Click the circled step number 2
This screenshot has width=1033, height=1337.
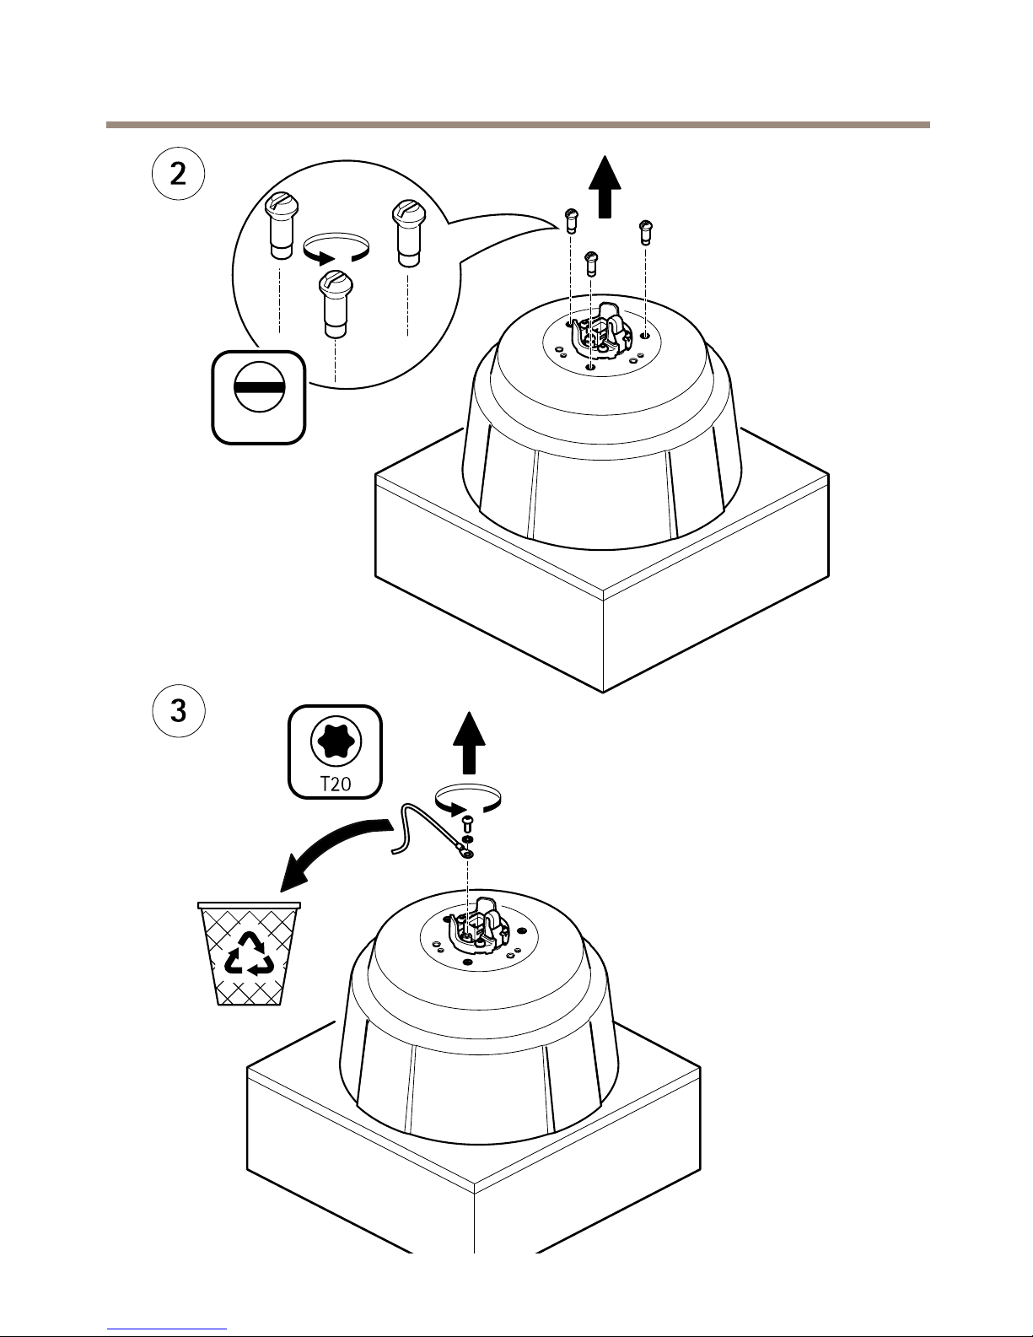click(x=179, y=175)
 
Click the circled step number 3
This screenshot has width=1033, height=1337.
click(x=179, y=710)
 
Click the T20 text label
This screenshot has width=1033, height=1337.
click(x=336, y=783)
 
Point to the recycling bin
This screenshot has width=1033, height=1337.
click(x=249, y=953)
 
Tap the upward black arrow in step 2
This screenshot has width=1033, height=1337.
click(x=604, y=187)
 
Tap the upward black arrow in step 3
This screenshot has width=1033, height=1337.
click(x=470, y=743)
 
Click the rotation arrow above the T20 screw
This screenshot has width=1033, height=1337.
click(x=468, y=798)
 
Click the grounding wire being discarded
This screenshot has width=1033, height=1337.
click(x=422, y=830)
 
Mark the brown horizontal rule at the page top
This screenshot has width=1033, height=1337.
click(x=517, y=125)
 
